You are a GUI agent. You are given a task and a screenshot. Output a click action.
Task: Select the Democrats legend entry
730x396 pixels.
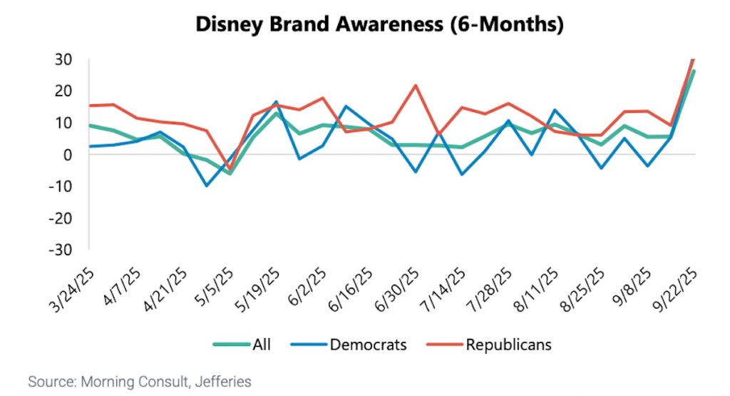pos(368,345)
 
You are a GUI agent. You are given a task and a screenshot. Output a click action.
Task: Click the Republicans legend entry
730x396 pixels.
pos(508,345)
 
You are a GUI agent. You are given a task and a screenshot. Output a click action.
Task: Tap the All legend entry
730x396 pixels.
pos(260,345)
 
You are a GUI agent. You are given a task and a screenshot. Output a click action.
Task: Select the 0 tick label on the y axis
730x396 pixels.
pos(69,154)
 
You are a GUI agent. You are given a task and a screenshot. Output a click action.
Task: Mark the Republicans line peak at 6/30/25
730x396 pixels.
pos(415,86)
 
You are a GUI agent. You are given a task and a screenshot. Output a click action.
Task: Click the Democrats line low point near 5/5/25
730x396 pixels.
pos(207,186)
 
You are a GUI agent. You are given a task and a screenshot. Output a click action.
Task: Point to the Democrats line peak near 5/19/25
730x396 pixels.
pos(276,102)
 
